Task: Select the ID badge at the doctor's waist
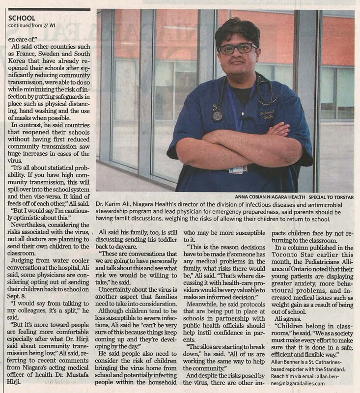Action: click(238, 169)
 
